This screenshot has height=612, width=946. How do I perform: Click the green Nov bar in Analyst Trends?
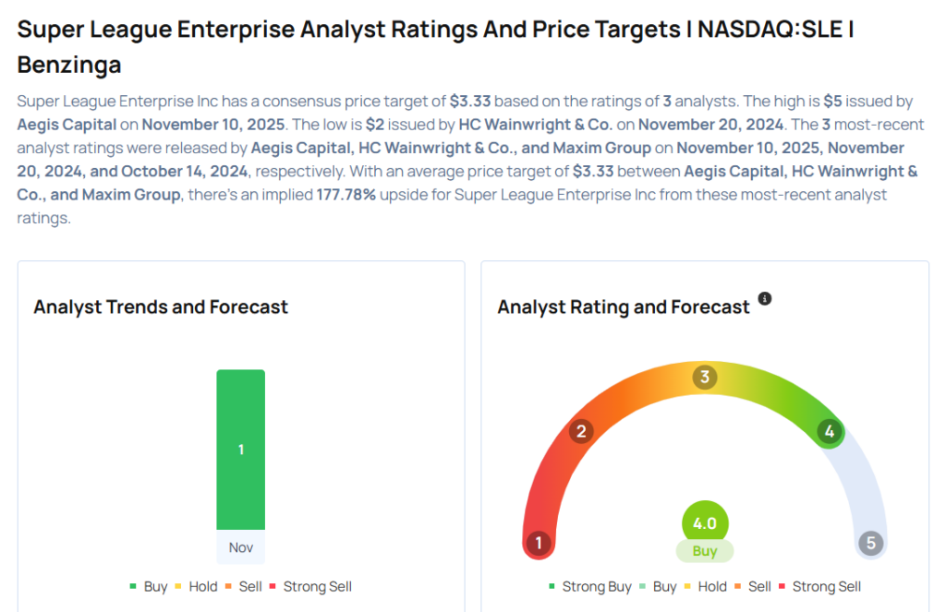(240, 450)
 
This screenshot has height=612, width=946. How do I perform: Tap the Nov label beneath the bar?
(240, 547)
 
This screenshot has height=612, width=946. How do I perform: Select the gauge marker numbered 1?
(538, 543)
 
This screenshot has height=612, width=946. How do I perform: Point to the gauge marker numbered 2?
(581, 431)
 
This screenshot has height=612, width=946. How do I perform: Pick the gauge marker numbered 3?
(705, 377)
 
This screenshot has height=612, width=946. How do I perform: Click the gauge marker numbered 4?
(830, 431)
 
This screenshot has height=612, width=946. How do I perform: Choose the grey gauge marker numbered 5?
(870, 543)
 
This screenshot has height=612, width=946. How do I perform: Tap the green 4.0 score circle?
(705, 523)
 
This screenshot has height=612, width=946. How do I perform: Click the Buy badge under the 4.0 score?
(705, 551)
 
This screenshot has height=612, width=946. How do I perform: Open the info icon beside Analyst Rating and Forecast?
(765, 299)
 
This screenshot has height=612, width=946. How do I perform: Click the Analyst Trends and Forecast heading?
(161, 306)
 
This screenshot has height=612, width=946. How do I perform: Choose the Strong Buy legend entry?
(590, 587)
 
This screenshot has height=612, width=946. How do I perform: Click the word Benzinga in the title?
(69, 66)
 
